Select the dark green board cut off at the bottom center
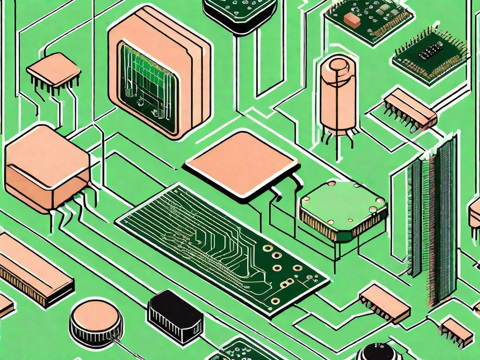[x=244, y=349]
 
